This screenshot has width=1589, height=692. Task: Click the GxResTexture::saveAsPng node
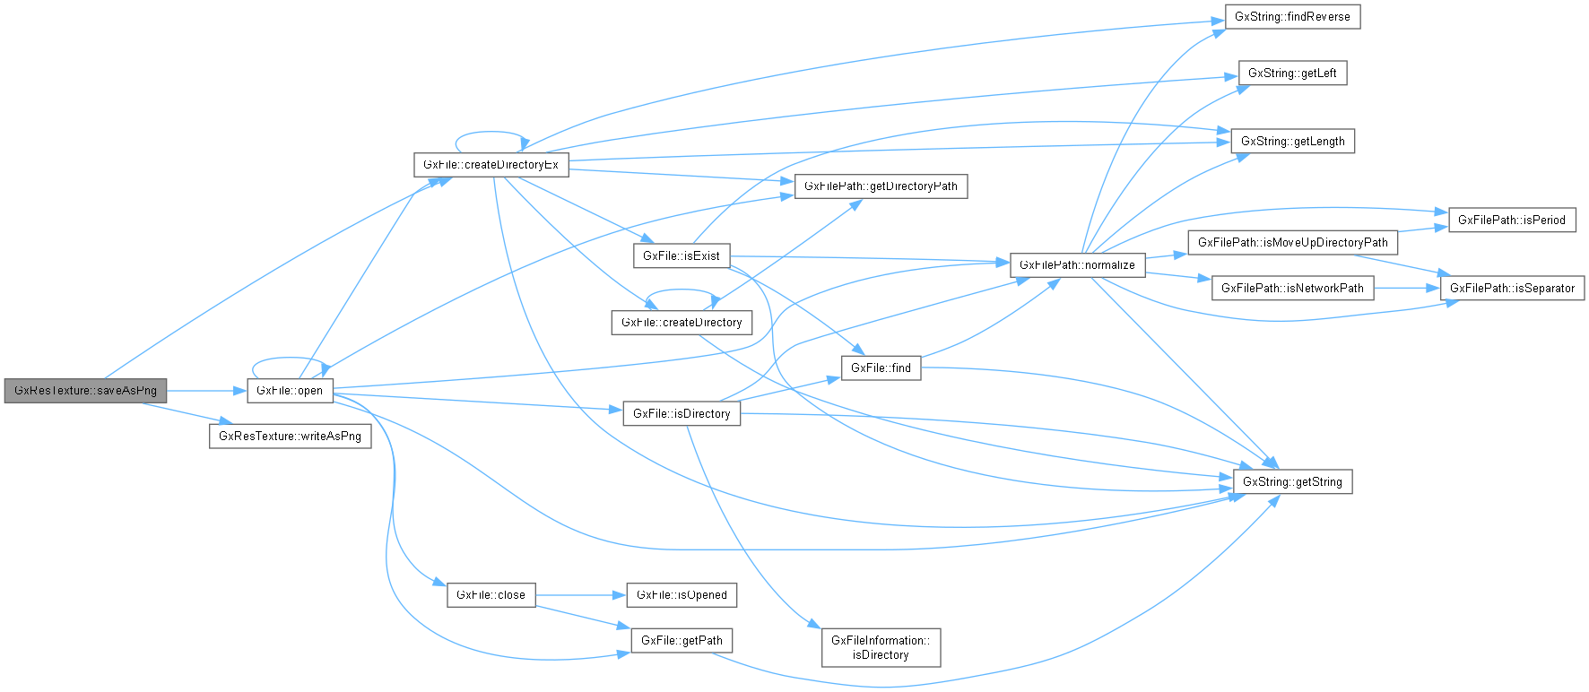point(85,391)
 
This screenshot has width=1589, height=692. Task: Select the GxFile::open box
point(290,391)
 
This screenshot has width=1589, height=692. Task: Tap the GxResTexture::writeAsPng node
point(290,437)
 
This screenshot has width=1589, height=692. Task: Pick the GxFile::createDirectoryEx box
point(491,165)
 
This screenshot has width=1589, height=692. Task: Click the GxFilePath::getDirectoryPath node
point(881,186)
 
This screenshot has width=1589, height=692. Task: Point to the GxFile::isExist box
point(682,256)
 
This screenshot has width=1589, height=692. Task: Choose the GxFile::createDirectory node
point(682,323)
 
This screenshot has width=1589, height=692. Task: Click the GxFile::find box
point(881,368)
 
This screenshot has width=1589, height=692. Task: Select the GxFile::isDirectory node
point(682,414)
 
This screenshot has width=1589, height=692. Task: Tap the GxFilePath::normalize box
point(1077,265)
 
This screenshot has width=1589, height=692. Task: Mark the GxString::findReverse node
point(1292,17)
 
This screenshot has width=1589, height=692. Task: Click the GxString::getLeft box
point(1292,74)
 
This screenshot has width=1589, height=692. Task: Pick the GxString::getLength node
point(1292,142)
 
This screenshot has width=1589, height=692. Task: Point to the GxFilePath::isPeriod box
point(1512,221)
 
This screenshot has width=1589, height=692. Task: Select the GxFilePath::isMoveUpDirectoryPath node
point(1292,243)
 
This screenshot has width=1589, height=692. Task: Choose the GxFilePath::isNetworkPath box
point(1292,289)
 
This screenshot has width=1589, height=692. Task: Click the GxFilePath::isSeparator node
point(1512,289)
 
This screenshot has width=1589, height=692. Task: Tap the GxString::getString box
point(1292,482)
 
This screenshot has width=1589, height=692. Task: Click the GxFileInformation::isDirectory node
point(881,648)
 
